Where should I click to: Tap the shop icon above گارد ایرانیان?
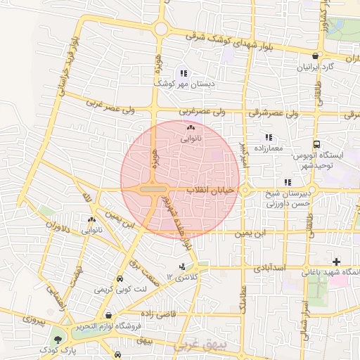pos(314,56)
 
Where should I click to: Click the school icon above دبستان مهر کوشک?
pos(184,73)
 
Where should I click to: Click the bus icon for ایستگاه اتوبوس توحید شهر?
pos(316,143)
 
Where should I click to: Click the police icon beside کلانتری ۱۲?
pos(184,266)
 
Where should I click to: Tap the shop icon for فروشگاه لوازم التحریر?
pos(108,316)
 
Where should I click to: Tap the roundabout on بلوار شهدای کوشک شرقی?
pos(161,29)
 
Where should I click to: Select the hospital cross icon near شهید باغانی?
pos(336,262)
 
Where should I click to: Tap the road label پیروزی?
pos(34,320)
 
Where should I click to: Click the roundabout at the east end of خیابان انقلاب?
pos(246,190)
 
